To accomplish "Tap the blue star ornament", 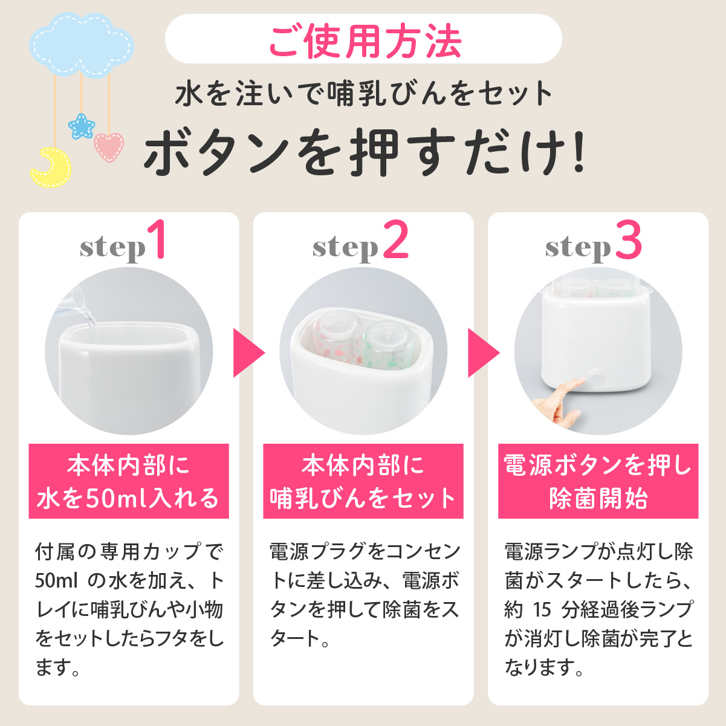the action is pyautogui.click(x=82, y=126).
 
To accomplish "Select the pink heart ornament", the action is pyautogui.click(x=109, y=147).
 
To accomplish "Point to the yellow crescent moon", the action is pyautogui.click(x=51, y=167).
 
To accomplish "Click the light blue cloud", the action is pyautogui.click(x=82, y=45).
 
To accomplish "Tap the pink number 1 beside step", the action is pyautogui.click(x=158, y=239).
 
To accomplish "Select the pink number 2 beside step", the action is pyautogui.click(x=395, y=239).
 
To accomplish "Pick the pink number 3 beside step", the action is pyautogui.click(x=629, y=239).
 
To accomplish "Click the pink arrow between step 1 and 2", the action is pyautogui.click(x=249, y=352).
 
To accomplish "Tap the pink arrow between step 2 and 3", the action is pyautogui.click(x=484, y=352).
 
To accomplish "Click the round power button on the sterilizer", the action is pyautogui.click(x=595, y=376).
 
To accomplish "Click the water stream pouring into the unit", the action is pyautogui.click(x=91, y=320).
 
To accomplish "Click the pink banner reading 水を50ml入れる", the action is pyautogui.click(x=129, y=498).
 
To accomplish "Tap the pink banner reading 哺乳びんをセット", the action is pyautogui.click(x=363, y=498).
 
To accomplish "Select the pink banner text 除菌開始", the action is pyautogui.click(x=598, y=498).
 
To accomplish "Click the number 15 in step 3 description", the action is pyautogui.click(x=542, y=609).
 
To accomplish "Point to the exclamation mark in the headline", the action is pyautogui.click(x=577, y=152).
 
